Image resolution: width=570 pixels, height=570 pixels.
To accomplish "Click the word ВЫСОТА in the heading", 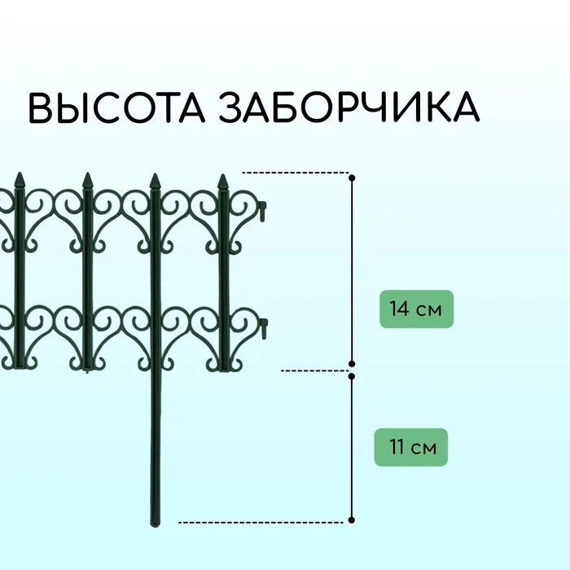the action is point(116,107).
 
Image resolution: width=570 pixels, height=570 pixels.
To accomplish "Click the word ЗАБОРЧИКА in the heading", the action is point(349,107).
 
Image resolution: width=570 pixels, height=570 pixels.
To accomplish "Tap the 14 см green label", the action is point(417,309).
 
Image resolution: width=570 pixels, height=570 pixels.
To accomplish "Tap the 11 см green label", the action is point(411,447).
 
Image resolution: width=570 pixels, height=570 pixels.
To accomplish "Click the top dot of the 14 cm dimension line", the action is point(352,178).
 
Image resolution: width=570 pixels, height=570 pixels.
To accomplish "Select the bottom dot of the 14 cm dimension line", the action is point(352,364).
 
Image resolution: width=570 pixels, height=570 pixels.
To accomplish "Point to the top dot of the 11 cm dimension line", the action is point(352,376).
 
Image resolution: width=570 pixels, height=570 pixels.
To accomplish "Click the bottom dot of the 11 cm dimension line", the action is point(352,520).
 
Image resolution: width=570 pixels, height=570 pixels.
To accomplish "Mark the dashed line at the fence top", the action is point(296,173).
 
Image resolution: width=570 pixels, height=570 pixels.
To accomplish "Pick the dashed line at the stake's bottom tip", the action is point(261,523).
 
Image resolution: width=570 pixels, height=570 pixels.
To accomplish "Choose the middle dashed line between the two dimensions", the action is point(315,370).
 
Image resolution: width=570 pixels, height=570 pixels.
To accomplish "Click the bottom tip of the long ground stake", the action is point(155,526).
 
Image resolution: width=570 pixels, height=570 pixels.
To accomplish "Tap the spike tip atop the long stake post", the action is point(156,173).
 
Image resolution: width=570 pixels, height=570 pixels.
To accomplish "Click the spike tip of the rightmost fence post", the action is point(223,175).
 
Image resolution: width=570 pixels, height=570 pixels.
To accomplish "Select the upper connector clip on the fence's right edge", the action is point(263,211).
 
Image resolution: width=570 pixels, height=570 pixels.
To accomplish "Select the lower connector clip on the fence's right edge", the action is point(263,329).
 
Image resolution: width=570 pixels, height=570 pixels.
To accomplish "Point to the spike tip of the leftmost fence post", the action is point(20,173).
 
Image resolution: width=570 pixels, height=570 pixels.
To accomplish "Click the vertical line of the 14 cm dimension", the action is point(352,271).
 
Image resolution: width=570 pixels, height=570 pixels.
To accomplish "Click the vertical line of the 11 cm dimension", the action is point(352,448).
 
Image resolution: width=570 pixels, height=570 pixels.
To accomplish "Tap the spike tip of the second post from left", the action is point(87,173).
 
